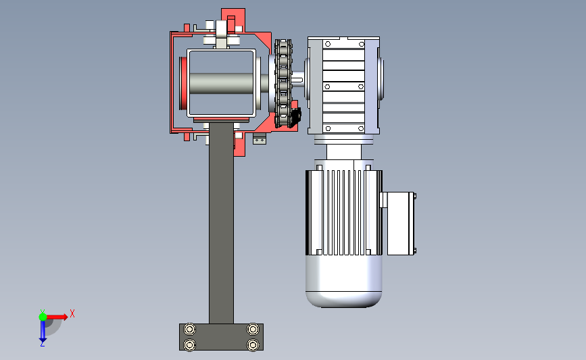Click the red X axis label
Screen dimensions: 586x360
coord(72,313)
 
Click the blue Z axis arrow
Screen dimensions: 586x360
coord(43,331)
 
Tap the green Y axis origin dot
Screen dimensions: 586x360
coord(43,317)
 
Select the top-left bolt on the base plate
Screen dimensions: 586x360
coord(190,330)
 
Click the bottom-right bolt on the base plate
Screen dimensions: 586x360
coord(253,344)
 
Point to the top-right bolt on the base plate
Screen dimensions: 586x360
coord(253,330)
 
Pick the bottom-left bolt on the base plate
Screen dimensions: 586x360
coord(190,344)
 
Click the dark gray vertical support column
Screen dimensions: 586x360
coord(221,224)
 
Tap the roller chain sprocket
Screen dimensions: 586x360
coord(283,83)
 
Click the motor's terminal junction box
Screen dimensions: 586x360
coord(400,224)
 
